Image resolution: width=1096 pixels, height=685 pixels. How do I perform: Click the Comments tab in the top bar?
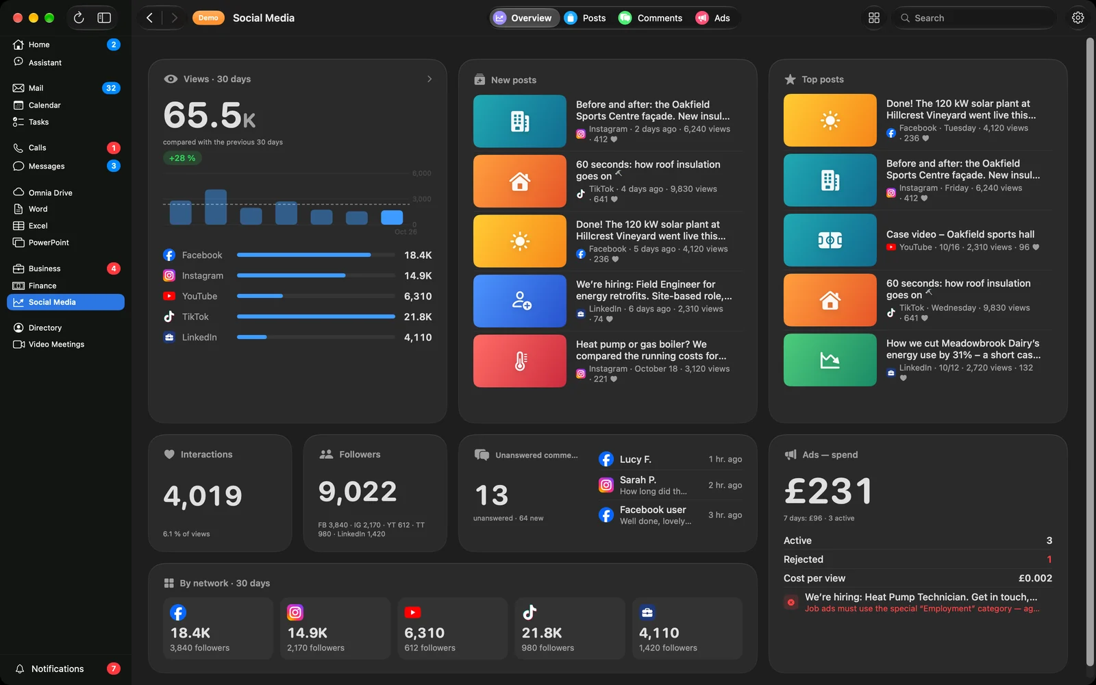[650, 18]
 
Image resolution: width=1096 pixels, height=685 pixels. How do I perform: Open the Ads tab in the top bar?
[712, 18]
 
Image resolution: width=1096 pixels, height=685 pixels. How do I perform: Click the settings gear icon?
[1078, 18]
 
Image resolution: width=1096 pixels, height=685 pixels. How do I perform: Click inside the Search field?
[973, 18]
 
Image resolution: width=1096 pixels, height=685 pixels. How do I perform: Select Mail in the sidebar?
[36, 88]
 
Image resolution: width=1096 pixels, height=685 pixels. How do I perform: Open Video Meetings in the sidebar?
[56, 345]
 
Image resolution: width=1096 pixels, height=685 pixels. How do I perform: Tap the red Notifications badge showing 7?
[114, 669]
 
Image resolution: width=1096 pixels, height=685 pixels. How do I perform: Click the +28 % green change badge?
[182, 158]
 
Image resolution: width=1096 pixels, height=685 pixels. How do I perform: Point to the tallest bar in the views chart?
[216, 207]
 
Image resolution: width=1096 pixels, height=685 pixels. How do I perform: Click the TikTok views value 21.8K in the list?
[417, 317]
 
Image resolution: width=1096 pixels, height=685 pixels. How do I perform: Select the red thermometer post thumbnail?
[520, 361]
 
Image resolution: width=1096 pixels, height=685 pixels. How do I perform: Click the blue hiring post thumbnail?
[520, 301]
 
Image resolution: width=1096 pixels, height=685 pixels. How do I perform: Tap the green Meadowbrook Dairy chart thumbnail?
[830, 360]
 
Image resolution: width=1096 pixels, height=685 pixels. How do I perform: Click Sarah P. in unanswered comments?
[638, 480]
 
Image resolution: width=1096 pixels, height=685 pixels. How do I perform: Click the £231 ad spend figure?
[828, 490]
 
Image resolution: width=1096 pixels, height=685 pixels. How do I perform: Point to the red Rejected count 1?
[1049, 559]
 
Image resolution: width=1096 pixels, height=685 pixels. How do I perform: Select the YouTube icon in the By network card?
[412, 612]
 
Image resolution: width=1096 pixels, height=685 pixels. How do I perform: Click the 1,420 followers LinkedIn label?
[668, 648]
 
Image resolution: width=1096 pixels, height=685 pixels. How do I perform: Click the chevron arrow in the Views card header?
[429, 79]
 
